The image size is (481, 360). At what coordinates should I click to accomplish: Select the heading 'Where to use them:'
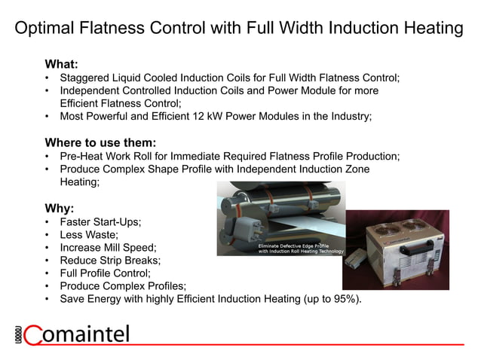100,142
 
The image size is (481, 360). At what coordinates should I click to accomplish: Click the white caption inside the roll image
300,249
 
